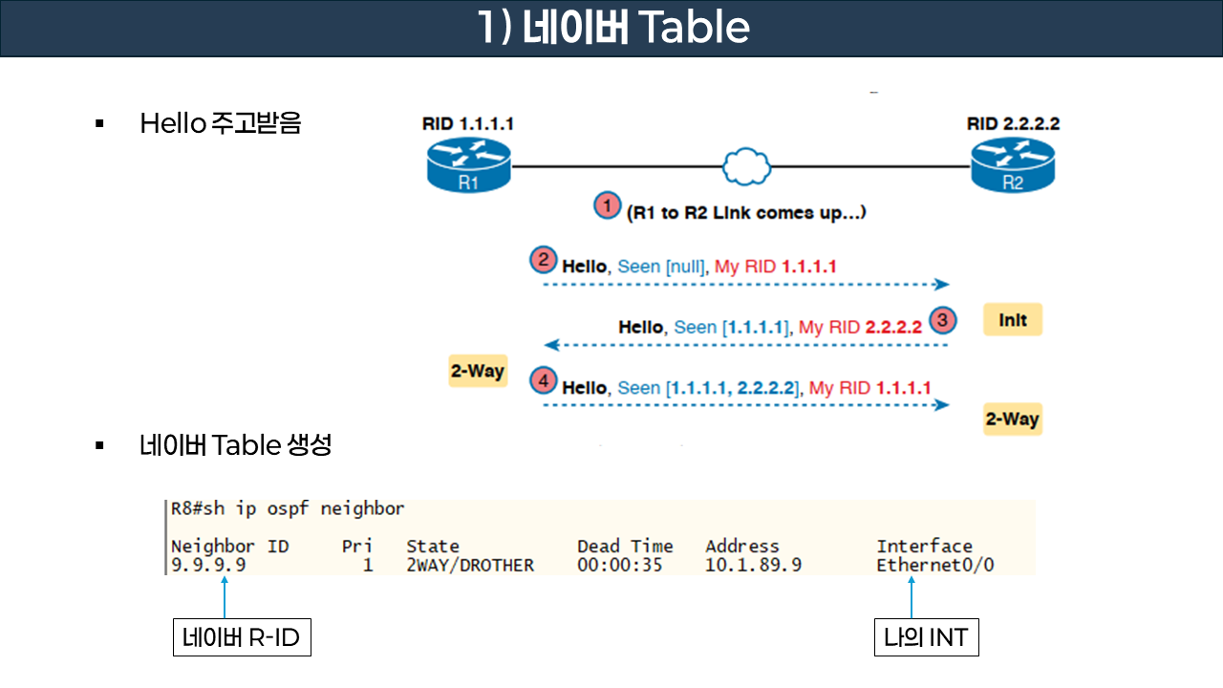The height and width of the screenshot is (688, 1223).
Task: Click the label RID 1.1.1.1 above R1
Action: [468, 124]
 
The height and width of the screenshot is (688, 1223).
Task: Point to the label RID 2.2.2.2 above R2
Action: [1013, 124]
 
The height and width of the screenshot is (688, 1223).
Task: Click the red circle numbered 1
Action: [607, 205]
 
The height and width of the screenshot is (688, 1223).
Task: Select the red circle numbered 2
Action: [543, 260]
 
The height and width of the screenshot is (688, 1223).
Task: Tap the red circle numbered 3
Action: [942, 321]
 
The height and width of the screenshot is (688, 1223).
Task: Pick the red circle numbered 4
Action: [543, 381]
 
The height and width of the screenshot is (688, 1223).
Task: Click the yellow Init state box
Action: [1012, 321]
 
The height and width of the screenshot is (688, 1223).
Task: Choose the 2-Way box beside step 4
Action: [477, 371]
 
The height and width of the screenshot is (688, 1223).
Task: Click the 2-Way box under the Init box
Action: [1012, 419]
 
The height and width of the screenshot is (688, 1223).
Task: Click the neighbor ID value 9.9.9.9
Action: [208, 565]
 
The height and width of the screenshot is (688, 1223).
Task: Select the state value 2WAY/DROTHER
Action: [470, 565]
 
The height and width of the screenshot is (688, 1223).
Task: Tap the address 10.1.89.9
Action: [753, 565]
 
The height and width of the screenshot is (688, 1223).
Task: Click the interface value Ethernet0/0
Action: [934, 565]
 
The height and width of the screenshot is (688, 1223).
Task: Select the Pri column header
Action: [356, 547]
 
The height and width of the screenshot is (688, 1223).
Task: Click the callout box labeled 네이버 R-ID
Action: [242, 637]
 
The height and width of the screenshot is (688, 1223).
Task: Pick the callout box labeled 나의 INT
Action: [926, 637]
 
